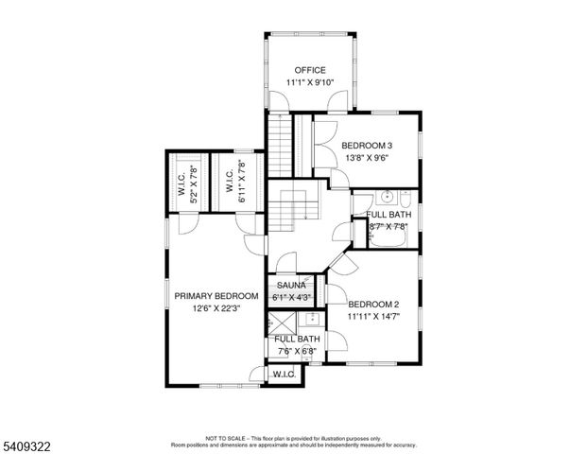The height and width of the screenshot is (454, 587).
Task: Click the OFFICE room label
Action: coord(310,70)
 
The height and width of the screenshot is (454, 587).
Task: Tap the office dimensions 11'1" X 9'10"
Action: coord(310,83)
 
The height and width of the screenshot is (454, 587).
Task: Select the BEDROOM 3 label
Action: coord(367,145)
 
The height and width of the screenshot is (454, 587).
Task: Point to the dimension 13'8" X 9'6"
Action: coord(367,158)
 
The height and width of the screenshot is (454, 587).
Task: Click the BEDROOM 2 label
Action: coord(373,304)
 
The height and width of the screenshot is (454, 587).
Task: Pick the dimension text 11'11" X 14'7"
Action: coord(373,317)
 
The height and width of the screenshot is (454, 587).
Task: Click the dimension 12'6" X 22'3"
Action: coord(216,308)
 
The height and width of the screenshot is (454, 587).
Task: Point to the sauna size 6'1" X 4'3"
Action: coord(291,298)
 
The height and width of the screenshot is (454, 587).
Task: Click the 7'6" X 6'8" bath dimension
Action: coord(297,352)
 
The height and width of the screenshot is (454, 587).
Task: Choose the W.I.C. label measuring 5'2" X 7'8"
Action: coord(181,184)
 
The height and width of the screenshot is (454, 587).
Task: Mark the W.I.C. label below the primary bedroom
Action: coord(284,375)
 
